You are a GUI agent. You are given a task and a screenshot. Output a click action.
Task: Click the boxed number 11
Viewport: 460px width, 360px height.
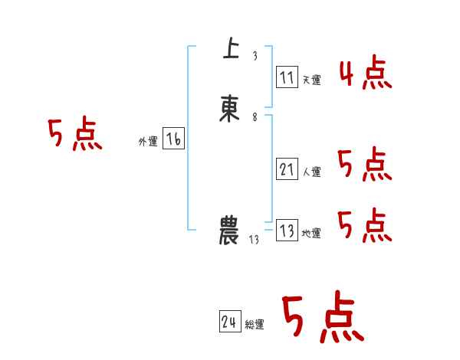coord(287,77)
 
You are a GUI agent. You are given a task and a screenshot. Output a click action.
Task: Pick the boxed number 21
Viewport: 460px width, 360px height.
coord(287,169)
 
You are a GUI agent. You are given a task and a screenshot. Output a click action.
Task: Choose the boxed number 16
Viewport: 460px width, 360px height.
coord(173,139)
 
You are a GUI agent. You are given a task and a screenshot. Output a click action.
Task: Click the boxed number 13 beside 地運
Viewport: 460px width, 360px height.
coord(287,231)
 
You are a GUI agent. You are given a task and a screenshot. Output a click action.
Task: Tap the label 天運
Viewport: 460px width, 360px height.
coord(311,80)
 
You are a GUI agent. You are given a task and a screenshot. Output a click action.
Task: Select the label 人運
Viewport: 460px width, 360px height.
coord(311,172)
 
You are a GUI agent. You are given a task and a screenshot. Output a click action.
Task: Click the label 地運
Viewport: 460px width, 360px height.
coord(311,234)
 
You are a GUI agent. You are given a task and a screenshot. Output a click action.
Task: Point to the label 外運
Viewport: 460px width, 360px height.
coord(147,142)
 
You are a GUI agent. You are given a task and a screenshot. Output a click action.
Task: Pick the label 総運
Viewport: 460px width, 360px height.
coord(255,326)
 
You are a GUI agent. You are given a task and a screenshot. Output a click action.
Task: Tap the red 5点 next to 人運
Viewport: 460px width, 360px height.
coord(364,165)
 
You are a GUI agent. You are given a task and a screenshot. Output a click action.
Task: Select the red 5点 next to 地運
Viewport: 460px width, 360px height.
coord(364,226)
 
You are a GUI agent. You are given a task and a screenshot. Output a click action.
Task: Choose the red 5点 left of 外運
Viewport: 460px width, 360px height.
coord(74,136)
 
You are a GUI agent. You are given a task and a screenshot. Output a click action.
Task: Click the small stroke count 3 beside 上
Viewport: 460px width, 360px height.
coord(255,56)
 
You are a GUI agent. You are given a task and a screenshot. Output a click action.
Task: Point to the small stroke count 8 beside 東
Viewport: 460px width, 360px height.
coord(255,117)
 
